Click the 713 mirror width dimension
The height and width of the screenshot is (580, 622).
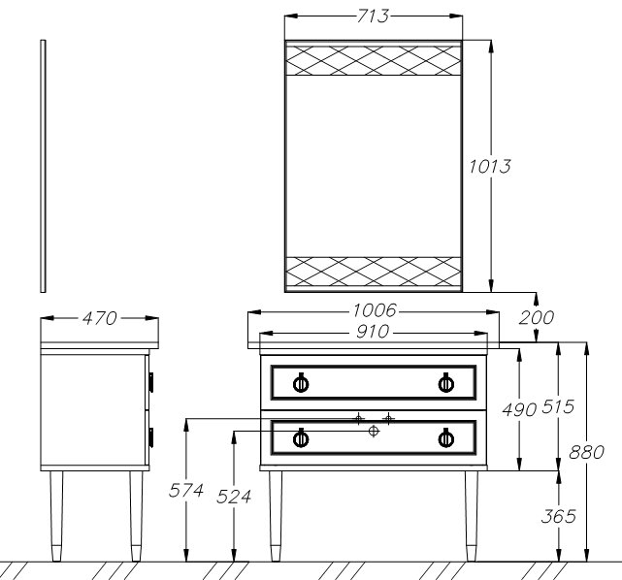click(373, 16)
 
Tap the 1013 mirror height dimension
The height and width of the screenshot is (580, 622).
click(490, 167)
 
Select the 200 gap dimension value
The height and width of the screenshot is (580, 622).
click(536, 317)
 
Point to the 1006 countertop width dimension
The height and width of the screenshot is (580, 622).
click(374, 310)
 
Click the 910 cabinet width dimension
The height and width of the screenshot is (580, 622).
click(373, 332)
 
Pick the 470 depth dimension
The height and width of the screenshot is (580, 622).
click(100, 318)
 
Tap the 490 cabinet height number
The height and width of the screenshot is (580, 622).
click(519, 409)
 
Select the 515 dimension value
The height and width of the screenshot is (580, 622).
click(558, 406)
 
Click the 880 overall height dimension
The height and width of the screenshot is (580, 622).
click(586, 452)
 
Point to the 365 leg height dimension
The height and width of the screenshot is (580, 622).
click(558, 516)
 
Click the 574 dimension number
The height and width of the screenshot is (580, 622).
click(186, 491)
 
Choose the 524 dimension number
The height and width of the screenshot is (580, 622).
click(234, 497)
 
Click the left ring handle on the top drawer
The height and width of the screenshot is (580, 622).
click(301, 383)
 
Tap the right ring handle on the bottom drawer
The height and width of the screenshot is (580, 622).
click(445, 438)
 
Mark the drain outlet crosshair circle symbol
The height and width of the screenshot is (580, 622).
click(374, 431)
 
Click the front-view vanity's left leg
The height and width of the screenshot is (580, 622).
click(276, 516)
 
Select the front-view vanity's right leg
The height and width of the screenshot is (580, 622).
click(472, 516)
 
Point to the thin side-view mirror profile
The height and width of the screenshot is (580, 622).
click(43, 166)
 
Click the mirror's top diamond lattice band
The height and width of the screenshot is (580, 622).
click(374, 60)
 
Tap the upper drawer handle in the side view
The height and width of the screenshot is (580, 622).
click(151, 382)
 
